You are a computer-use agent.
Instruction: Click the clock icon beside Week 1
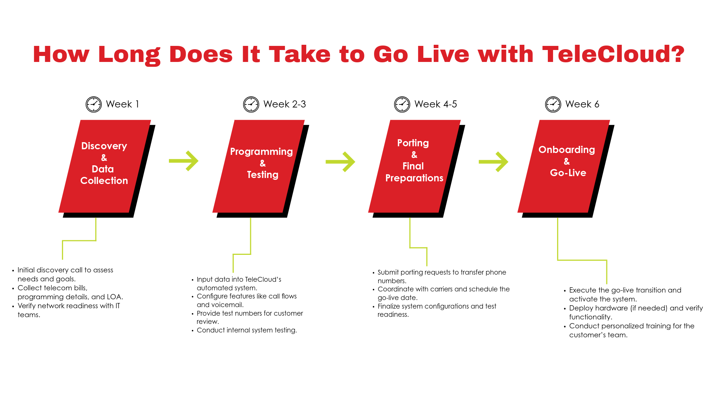pyautogui.click(x=94, y=104)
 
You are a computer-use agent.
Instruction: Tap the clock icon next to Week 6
pyautogui.click(x=553, y=104)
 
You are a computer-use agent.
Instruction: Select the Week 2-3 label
pyautogui.click(x=285, y=104)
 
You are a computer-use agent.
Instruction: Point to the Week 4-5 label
pyautogui.click(x=436, y=104)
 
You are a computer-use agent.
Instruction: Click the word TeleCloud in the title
pyautogui.click(x=613, y=54)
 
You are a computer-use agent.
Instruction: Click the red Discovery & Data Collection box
pyautogui.click(x=104, y=166)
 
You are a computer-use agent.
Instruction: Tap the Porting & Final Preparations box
pyautogui.click(x=414, y=166)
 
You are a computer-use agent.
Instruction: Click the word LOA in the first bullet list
pyautogui.click(x=114, y=297)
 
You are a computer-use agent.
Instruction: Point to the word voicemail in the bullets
pyautogui.click(x=227, y=305)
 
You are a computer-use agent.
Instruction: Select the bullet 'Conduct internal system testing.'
pyautogui.click(x=246, y=330)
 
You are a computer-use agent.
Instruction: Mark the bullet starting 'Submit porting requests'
pyautogui.click(x=442, y=272)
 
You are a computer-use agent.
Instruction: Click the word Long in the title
pyautogui.click(x=129, y=54)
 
